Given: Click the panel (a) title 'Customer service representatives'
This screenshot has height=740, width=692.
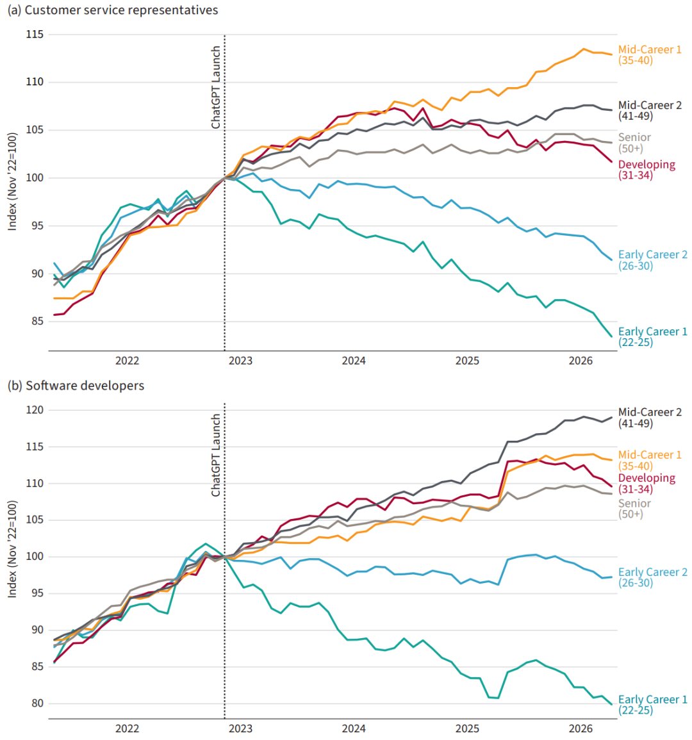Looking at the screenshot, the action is point(121,10).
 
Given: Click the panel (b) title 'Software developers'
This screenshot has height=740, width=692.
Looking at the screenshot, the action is point(85,386).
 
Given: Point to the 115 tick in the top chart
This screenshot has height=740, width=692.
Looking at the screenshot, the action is point(35,35).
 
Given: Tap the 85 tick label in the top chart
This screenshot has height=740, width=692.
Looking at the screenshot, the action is point(37,322).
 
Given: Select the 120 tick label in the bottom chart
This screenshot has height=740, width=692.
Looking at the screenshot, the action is point(35,410).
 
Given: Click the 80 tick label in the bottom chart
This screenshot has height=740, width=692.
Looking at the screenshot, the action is point(37,703).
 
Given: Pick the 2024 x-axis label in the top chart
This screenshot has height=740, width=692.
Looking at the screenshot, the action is point(354,361).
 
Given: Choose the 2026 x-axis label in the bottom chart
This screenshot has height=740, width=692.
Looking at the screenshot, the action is point(581,728).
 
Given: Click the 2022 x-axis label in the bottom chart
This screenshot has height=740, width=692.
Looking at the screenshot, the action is point(128,728).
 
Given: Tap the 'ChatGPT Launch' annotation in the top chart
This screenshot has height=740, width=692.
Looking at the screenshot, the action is point(216,87).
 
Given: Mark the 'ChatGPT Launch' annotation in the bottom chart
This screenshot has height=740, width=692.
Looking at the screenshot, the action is point(216,456).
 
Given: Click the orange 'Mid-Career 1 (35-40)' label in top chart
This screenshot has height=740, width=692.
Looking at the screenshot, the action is point(650,55).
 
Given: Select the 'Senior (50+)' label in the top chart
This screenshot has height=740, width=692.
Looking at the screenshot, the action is point(634,143).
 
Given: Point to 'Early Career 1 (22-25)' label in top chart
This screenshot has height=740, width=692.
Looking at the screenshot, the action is point(653,337).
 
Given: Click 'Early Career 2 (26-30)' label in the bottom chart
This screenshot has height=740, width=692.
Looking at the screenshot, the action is point(653,577).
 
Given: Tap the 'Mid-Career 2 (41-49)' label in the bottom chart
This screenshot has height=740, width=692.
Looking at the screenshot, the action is point(650,418).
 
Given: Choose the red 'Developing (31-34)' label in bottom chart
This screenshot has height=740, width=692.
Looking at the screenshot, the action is point(647,483).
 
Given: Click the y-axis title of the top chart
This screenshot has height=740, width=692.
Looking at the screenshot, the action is point(12,182).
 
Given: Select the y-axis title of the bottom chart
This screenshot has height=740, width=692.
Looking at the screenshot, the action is point(12,549).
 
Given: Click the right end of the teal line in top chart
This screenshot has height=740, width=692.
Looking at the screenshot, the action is point(612,336).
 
